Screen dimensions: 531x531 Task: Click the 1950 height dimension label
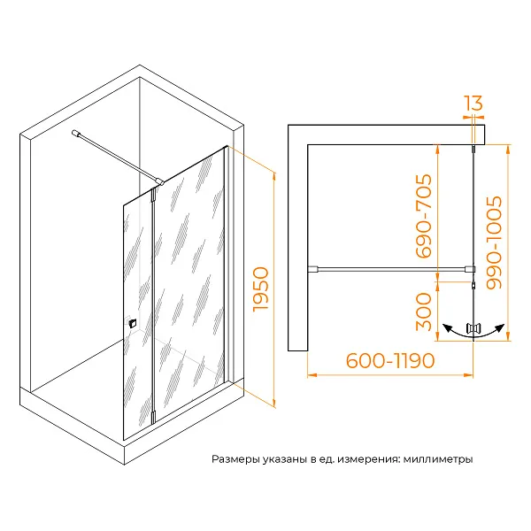click(x=260, y=289)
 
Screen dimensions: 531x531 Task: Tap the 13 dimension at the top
click(x=473, y=103)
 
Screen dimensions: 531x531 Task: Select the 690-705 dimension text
click(x=424, y=216)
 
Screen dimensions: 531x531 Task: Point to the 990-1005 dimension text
click(x=494, y=242)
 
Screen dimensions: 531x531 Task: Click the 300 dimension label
click(x=424, y=312)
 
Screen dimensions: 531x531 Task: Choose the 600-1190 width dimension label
click(x=390, y=361)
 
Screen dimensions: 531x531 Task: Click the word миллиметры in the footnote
click(x=438, y=459)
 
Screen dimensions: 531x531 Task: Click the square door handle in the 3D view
click(x=133, y=323)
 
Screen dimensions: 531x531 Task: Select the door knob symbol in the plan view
click(x=473, y=329)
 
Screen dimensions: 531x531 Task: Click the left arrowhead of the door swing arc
click(x=447, y=327)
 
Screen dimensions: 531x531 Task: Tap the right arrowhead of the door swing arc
click(x=500, y=327)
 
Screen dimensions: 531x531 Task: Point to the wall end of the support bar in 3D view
click(x=75, y=133)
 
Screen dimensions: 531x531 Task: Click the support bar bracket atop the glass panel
click(x=159, y=182)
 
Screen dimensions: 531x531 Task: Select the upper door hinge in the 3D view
click(x=154, y=196)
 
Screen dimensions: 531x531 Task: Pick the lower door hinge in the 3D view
click(x=153, y=417)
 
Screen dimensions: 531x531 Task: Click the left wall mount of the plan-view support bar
click(x=313, y=269)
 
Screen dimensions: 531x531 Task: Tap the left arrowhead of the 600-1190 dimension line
click(x=312, y=375)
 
